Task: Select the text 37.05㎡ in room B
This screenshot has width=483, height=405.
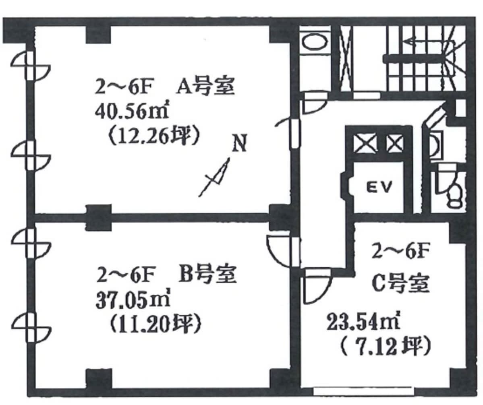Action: point(133,301)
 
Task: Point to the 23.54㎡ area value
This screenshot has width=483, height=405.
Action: point(363,322)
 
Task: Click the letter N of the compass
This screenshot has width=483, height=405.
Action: point(240,143)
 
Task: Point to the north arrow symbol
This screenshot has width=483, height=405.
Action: point(215,177)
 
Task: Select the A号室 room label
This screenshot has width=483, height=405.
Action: point(205,87)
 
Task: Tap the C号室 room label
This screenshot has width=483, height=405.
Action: point(400,283)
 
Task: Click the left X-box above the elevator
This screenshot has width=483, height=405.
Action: point(366,143)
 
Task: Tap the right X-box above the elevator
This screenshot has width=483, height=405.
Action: point(394,143)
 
